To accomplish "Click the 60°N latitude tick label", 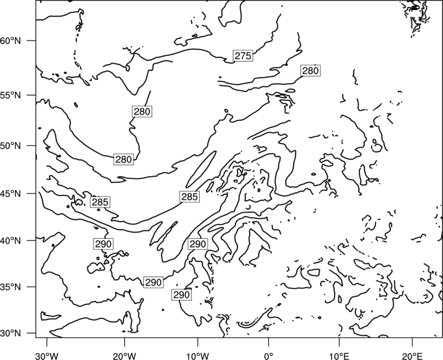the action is pos(11,40).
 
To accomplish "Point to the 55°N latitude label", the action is pos(11,95).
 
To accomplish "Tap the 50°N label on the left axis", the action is pos(11,146).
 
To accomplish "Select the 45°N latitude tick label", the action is pos(11,193).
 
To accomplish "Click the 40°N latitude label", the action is pos(11,241).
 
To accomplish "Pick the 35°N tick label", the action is pos(11,287).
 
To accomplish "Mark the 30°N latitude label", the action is pos(11,333).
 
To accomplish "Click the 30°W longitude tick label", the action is pos(47,356).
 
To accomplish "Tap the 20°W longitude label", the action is pos(124,356).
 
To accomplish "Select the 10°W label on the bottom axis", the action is pos(197,356).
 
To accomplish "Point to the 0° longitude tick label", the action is pos(269,356).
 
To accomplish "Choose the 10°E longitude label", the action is pos(338,356).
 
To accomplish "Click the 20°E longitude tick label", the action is pos(412,356).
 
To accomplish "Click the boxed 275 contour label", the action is pos(243,56).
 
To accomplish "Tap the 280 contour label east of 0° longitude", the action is pos(311,71).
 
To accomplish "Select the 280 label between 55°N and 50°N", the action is pos(142,112).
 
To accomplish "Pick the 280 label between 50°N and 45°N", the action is pos(123,160).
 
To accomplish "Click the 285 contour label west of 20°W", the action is pos(100,202).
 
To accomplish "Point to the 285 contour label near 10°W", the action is pos(189,197).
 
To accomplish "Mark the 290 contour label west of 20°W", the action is pos(104,244).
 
